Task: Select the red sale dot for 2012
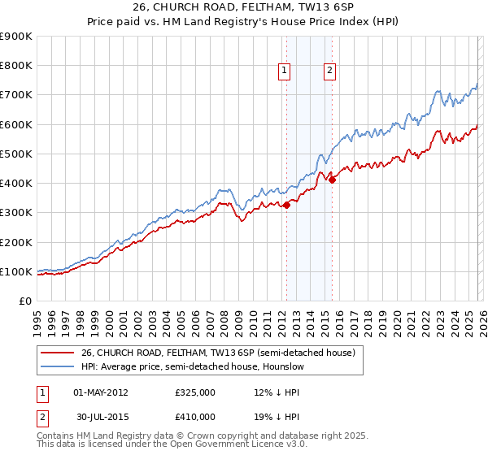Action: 286,206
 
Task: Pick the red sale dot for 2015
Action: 332,180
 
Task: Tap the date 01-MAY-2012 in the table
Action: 101,392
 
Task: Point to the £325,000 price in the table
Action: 195,392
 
